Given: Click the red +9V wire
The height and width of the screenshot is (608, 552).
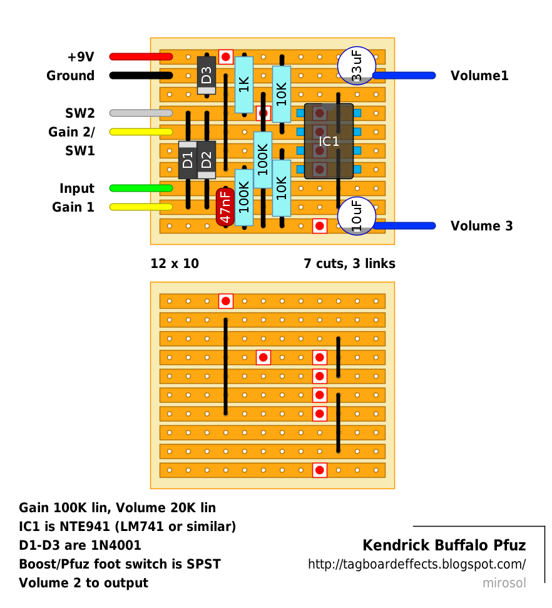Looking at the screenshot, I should pos(141,57).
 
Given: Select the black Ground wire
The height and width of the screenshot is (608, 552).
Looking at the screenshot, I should pos(141,76).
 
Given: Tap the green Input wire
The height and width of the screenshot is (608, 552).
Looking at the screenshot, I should pos(141,188).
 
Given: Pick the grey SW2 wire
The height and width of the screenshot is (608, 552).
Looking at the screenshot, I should pos(141,113).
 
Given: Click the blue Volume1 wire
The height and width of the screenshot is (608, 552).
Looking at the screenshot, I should pos(404,76).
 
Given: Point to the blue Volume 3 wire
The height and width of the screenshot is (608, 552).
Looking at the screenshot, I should pos(404,225).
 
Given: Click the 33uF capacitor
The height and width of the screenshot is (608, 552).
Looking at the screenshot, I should pos(357,65).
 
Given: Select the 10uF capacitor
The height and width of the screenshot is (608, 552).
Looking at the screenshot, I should pos(357,216).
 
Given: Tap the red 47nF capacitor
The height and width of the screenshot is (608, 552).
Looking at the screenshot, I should pos(225,207).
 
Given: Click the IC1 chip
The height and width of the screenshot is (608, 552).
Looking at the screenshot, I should pos(329,142).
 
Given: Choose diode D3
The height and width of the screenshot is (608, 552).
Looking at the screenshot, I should pos(207,75).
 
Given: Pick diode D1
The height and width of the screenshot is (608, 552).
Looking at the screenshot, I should pos(188,160).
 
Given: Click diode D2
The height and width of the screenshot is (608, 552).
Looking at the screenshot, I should pos(207,160).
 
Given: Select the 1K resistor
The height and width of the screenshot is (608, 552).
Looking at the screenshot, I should pos(244,85).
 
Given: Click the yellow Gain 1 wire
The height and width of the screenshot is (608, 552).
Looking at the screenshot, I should pos(141,207).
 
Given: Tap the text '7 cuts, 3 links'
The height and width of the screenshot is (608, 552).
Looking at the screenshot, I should pos(349,264).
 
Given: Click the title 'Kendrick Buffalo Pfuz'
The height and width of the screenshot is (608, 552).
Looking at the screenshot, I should pos(444,545).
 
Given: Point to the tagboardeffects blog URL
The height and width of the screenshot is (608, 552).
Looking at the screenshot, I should pos(417,564).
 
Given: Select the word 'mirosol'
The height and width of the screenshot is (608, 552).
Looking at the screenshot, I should pos(504,583).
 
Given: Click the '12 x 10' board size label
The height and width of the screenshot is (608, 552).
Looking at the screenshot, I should pos(175,264).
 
